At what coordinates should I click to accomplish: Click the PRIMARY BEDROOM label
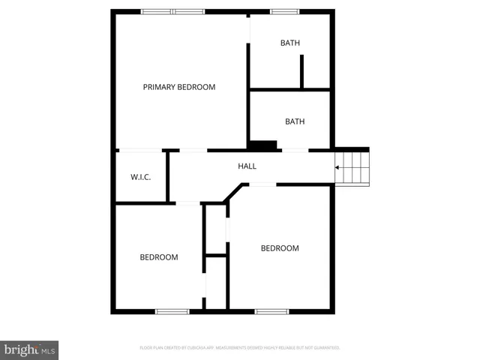coord(179,87)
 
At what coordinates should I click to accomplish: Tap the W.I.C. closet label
coord(141,177)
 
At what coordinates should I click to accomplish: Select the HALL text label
coord(247,166)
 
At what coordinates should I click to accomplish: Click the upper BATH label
coord(290,43)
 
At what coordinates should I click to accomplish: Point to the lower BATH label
coord(295,121)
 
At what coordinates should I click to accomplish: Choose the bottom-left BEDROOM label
coord(159,257)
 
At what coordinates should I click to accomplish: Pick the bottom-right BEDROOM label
coord(280,248)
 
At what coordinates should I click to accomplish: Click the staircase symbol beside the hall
coord(352,167)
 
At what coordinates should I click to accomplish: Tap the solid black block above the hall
coord(263,145)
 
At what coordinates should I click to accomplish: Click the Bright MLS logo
coord(29,349)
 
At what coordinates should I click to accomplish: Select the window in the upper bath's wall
coord(284,11)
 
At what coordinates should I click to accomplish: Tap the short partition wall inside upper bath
coord(301,72)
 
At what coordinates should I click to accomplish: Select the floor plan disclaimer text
coord(240,348)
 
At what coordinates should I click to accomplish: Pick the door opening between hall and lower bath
coord(295,151)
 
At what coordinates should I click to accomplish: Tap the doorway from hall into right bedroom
coord(262,184)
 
